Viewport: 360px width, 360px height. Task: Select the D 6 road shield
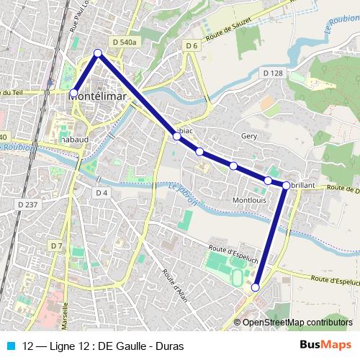191,46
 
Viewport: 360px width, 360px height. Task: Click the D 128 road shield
273,73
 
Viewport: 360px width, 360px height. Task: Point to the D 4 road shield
101,192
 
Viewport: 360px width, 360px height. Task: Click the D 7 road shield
57,246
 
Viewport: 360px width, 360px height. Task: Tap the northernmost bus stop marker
99,53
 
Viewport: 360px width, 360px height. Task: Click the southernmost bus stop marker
255,287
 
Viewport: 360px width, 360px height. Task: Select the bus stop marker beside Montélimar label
73,93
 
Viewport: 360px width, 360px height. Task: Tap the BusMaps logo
325,346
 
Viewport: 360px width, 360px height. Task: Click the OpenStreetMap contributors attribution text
297,322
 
